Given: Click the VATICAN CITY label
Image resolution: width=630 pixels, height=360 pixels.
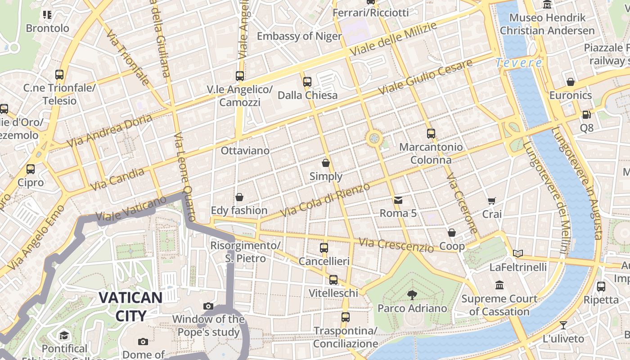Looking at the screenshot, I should tap(130, 306).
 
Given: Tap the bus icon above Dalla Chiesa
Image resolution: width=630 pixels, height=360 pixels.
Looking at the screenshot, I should tap(307, 81).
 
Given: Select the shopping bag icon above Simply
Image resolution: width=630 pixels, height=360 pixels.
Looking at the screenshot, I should tap(326, 163).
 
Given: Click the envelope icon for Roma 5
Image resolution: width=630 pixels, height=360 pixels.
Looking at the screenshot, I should tap(398, 200).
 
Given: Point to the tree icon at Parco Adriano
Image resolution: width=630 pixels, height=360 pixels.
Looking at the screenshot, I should tap(412, 295).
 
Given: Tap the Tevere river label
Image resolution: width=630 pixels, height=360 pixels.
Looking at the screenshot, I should tap(519, 63).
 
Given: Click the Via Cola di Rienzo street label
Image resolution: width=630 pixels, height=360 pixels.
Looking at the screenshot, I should tap(325, 199).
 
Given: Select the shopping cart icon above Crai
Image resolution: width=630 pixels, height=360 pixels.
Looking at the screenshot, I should tap(491, 201).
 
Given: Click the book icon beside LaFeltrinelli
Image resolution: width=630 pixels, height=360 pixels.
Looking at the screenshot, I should tap(518, 253).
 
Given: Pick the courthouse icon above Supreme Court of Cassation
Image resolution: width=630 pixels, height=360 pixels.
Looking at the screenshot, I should tap(499, 285).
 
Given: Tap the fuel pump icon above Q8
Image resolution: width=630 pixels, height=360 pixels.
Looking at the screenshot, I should tap(586, 115).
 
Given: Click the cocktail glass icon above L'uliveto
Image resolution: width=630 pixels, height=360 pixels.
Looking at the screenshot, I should tap(563, 325).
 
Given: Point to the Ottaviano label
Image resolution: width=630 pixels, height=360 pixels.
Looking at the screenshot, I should tap(245, 151).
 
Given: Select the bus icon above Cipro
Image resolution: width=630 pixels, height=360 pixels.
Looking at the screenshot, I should tap(31, 169).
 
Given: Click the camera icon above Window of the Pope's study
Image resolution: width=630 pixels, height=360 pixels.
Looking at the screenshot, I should tap(208, 306).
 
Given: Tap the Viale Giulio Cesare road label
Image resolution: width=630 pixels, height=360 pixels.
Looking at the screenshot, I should tap(425, 76).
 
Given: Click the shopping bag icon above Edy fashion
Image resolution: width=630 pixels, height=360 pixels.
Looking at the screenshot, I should tap(239, 197).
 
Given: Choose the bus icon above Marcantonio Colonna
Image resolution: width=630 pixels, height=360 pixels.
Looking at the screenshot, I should tap(431, 133).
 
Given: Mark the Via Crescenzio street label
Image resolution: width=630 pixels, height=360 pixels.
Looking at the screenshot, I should tap(396, 245).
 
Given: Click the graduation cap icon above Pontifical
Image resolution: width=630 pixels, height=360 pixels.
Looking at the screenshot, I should tap(64, 336).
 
